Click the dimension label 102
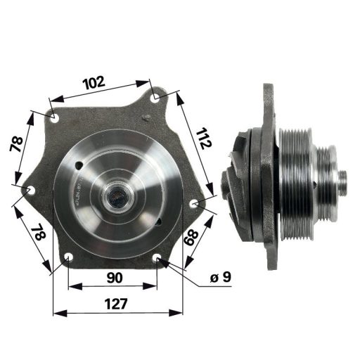coord(94,82)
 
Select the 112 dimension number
coord(203,139)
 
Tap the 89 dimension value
coord(191,237)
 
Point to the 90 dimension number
coord(115,278)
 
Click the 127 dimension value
coord(116,304)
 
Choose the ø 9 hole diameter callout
coord(221,277)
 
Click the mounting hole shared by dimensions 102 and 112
coord(156,98)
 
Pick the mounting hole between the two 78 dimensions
coord(31,191)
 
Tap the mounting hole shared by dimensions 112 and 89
coord(194,204)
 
